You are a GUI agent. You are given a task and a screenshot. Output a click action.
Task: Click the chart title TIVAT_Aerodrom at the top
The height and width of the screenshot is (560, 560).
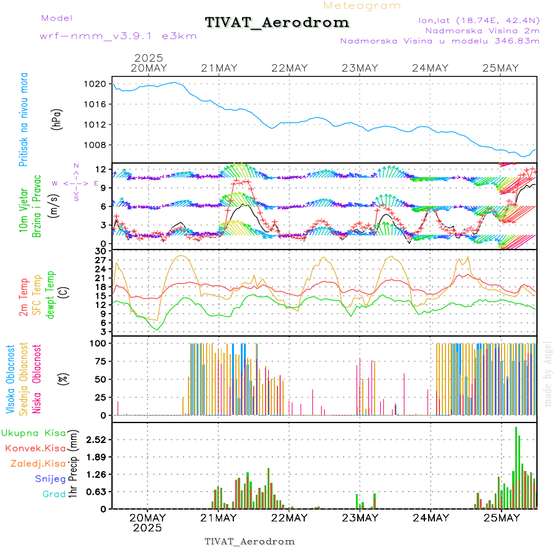(277, 22)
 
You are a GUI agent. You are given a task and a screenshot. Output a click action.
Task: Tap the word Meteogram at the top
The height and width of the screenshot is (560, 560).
(362, 6)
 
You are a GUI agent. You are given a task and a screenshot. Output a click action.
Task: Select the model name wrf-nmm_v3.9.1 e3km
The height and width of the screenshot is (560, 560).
(118, 36)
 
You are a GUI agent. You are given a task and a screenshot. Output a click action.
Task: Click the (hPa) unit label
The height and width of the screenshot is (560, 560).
(57, 118)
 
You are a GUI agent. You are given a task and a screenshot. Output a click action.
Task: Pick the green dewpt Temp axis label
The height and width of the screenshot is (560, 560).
(50, 289)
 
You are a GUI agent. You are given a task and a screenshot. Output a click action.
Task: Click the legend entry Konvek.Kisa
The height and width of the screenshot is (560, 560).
(35, 448)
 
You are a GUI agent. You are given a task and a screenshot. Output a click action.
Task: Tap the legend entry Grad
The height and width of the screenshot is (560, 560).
(54, 494)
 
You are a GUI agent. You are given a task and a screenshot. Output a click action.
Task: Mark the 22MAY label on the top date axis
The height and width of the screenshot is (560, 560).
(289, 68)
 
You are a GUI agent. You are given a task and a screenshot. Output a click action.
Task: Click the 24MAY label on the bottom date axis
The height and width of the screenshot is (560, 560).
(430, 518)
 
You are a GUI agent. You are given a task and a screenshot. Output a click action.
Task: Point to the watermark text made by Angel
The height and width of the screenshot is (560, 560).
(548, 373)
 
